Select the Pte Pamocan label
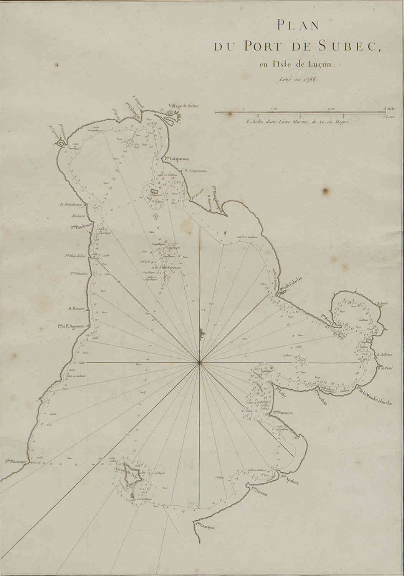point(283,413)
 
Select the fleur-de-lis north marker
point(200,333)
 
